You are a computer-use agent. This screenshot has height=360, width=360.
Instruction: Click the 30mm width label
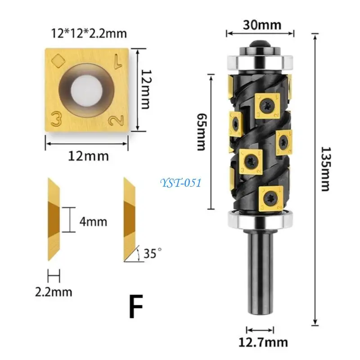pos(260,25)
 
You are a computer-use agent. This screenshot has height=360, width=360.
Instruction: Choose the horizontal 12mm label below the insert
pos(88,156)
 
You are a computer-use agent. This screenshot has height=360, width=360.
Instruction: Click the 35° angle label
pos(150,254)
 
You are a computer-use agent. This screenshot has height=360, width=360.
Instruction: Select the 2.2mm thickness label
pos(54,291)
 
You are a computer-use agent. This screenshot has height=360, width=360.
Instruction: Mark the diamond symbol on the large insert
pos(58,59)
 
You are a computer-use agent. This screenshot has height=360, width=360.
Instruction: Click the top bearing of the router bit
pos(260,60)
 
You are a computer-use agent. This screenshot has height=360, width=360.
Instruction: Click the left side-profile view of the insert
pos(54,220)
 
